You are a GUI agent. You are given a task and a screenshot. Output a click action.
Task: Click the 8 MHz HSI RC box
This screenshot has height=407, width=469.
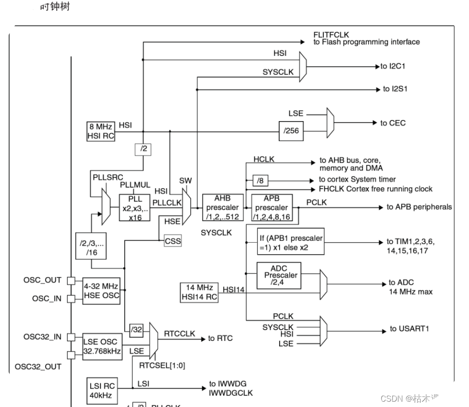coord(100,131)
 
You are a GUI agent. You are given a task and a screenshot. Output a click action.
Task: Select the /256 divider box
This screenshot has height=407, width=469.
coord(291,131)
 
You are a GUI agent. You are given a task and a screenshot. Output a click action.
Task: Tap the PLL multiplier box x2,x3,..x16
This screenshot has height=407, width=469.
coord(134,208)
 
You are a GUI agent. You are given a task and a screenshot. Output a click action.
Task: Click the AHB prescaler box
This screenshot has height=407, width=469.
coord(222,208)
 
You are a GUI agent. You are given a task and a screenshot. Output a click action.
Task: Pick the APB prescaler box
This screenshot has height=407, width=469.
coord(272,208)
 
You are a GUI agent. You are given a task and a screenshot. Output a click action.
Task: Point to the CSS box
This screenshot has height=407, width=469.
coord(173,241)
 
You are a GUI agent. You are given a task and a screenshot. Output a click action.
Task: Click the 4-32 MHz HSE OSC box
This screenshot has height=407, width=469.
coord(101,291)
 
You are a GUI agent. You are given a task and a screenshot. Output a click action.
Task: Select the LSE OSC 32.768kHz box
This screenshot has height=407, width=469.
coord(102,347)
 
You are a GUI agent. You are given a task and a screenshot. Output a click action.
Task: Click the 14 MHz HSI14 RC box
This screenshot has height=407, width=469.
coord(199,292)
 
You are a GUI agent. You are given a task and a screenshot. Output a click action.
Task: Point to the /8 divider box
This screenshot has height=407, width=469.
coord(260,180)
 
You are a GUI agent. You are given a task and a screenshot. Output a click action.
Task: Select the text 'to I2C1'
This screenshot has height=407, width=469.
coord(393,66)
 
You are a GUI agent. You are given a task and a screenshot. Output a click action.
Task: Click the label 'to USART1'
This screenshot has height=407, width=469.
coord(409,329)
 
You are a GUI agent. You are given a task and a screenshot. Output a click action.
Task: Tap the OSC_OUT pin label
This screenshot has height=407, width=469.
coord(42,280)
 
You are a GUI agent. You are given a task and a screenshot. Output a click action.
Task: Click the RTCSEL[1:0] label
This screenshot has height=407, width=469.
coord(162,365)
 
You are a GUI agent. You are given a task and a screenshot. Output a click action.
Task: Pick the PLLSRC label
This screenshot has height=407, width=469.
coord(108,177)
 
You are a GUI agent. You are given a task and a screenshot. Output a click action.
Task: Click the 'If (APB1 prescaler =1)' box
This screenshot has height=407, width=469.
coord(291,242)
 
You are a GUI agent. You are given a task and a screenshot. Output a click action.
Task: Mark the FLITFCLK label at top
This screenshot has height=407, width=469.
coord(331,34)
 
